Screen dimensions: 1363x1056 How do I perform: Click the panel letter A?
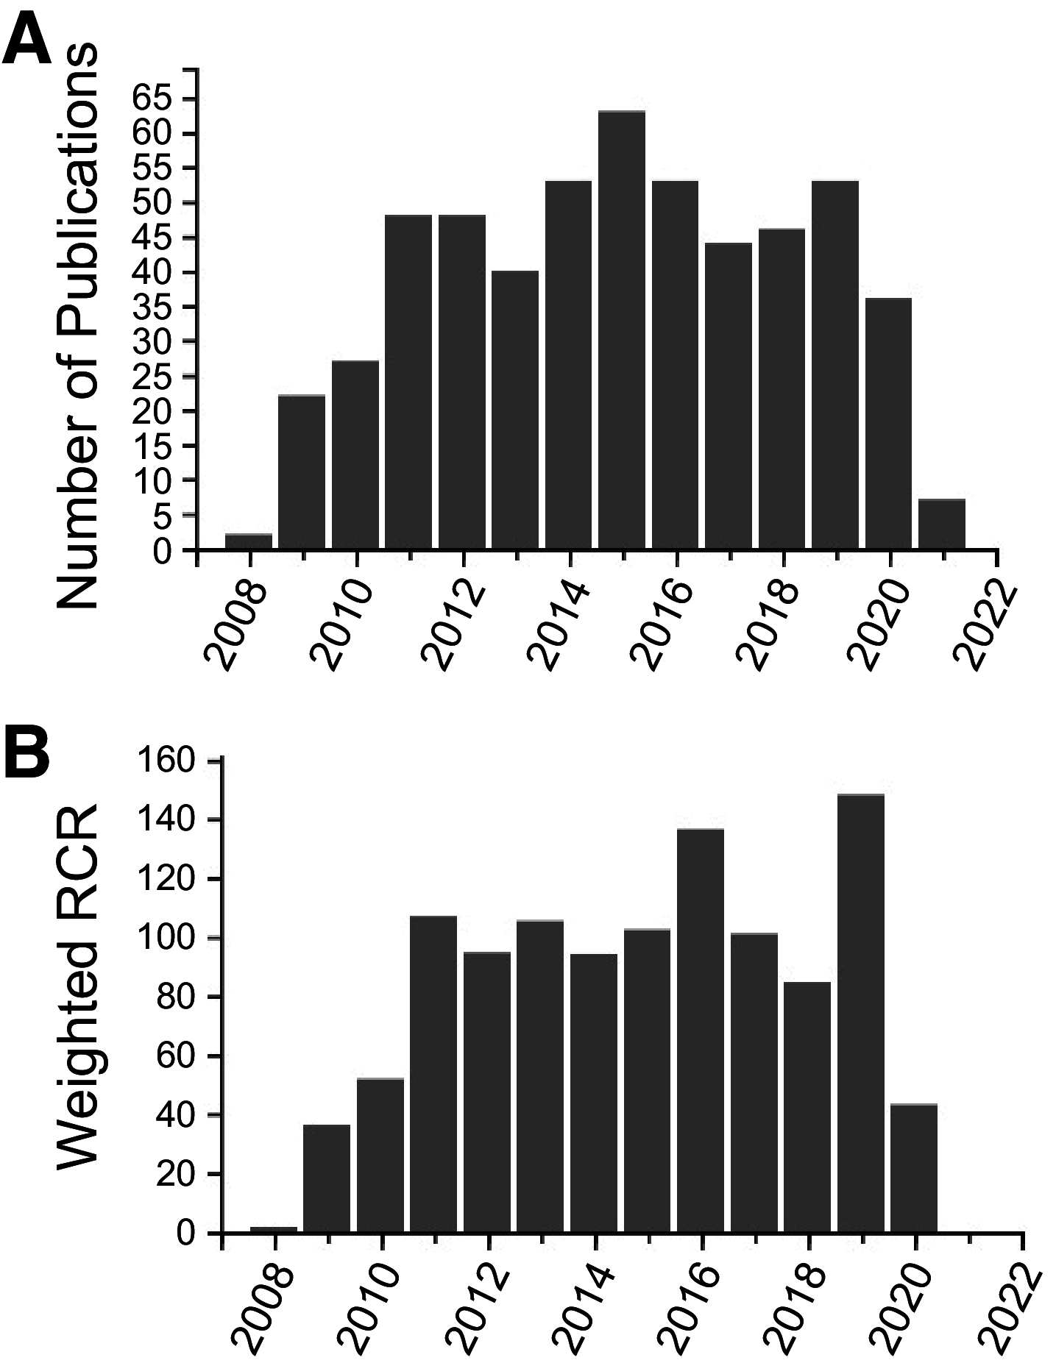tap(27, 42)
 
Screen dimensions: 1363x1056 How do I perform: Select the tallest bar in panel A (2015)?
tap(622, 331)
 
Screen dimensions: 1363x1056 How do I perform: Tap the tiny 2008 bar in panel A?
tap(249, 541)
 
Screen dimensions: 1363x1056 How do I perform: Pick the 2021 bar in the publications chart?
tap(942, 524)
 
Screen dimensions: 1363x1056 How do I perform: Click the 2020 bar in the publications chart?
tap(888, 424)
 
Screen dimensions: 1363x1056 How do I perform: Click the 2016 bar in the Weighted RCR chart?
tap(701, 1030)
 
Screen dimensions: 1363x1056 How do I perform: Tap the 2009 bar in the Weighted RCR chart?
tap(327, 1178)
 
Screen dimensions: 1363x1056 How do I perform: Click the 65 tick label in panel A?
tap(152, 99)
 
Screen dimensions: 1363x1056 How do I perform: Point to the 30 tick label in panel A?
tap(152, 342)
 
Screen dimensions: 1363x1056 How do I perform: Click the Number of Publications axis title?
tap(77, 324)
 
